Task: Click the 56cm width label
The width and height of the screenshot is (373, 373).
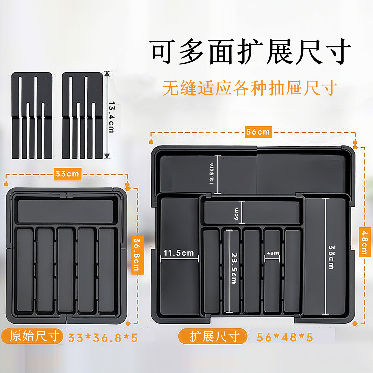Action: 258,132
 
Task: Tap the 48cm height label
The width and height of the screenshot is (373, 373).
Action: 365,242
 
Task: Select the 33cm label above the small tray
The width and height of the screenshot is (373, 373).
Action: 67,174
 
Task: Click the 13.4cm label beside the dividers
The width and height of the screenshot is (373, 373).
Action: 111,117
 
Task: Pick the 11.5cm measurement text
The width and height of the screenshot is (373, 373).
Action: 179,253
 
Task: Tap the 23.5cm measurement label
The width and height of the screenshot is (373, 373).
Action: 234,268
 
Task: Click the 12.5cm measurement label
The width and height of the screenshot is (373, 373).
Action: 212,174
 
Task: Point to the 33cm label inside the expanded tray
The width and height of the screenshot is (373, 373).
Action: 332,257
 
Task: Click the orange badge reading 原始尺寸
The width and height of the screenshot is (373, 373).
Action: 32,336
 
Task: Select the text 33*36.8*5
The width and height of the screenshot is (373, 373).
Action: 103,338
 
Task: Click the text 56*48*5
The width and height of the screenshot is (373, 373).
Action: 285,337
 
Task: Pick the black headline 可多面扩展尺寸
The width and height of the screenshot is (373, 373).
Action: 251,52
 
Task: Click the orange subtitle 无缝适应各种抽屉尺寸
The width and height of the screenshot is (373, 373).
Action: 250,88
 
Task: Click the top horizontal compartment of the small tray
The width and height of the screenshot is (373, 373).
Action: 66,211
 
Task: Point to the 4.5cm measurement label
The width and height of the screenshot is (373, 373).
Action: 273,253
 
